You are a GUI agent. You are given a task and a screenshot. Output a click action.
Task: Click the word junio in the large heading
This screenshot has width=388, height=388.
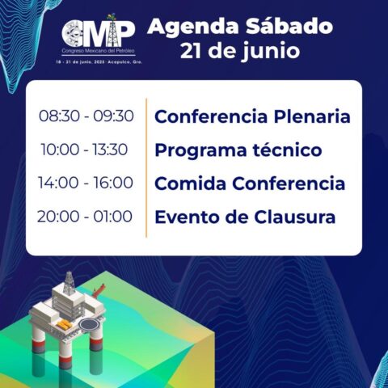270,50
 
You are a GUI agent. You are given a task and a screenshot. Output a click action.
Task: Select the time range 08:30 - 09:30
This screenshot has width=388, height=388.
86,116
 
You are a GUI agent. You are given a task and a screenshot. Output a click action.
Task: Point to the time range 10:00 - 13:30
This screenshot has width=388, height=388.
84,150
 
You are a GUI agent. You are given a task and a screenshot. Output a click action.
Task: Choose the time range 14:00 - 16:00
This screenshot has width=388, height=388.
86,183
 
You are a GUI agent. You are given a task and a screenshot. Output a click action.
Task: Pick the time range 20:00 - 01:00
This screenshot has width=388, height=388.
85,217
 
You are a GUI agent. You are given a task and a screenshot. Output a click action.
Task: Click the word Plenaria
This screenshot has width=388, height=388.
312,116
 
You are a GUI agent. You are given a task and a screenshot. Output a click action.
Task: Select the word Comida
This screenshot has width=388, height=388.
191,183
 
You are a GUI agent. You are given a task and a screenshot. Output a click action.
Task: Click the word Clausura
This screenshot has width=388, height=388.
295,217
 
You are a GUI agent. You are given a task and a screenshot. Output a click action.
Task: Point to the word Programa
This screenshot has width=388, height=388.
200,151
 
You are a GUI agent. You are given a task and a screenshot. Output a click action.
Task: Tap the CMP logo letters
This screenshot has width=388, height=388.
98,33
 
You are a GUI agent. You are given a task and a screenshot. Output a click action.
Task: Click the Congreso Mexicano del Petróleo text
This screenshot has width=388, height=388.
98,51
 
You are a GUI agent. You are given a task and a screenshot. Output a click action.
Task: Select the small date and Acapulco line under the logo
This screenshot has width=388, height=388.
99,62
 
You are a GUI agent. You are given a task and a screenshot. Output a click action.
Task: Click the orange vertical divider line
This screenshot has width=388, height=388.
146,168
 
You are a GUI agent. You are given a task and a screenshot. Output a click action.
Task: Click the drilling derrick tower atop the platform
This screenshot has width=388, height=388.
69,283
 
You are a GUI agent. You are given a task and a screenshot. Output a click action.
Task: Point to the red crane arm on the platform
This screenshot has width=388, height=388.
99,289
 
